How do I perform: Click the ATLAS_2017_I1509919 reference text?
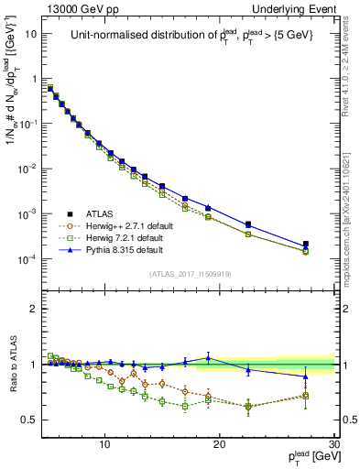[x=190, y=274]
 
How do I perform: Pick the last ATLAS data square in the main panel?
[x=306, y=245]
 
